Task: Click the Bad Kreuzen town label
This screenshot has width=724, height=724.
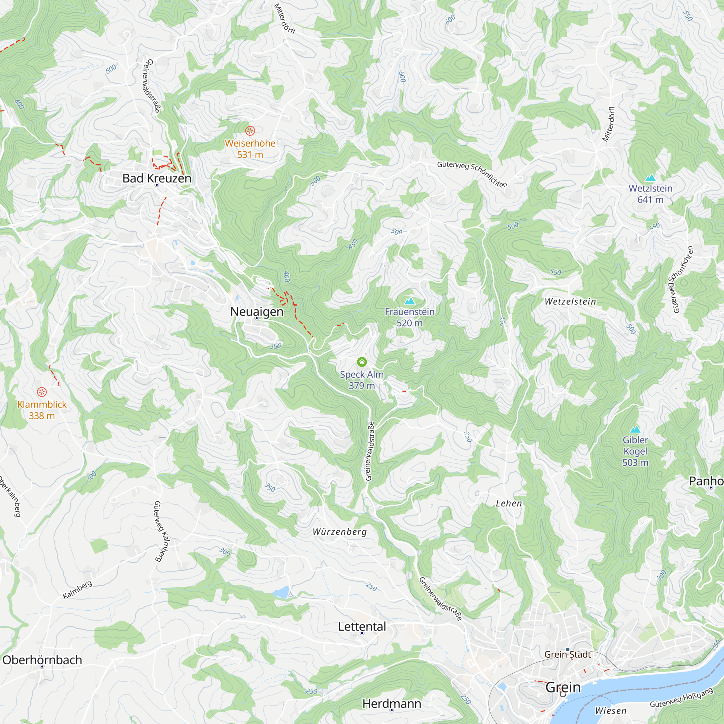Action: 157,178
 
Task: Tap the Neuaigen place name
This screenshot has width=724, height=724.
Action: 257,311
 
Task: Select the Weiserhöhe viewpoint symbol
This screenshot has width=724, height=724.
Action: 250,131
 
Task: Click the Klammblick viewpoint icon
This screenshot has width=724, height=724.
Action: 42,392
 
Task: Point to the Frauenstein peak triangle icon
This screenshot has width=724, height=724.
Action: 409,301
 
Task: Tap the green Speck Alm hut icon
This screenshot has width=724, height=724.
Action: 362,362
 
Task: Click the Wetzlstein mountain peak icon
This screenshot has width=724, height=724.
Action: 650,178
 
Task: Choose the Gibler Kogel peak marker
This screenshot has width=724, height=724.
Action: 635,429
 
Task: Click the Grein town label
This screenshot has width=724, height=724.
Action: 563,687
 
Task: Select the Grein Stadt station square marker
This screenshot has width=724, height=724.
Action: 567,650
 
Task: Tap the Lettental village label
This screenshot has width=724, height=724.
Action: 362,627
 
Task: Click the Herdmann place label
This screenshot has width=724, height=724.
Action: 392,704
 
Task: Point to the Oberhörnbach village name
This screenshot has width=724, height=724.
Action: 42,660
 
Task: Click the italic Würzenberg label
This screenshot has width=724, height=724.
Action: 340,532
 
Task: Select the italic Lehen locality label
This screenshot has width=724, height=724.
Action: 509,504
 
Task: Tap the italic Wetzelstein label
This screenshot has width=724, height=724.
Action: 570,302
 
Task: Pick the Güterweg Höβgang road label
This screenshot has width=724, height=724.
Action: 681,698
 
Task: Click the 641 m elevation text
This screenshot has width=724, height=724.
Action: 650,200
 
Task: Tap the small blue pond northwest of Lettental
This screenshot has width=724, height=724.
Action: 281,592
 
